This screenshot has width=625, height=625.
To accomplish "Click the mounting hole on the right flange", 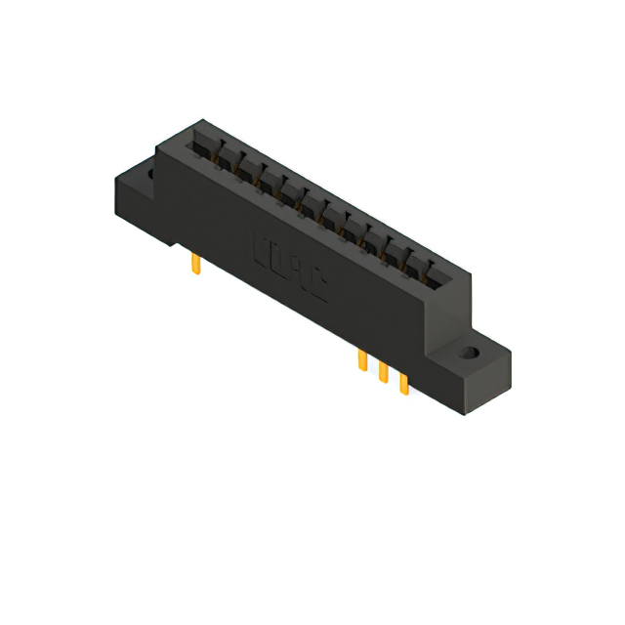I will (471, 353).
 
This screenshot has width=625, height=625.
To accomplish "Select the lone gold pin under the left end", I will (196, 264).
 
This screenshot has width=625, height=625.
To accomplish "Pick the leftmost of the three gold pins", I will (362, 361).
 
